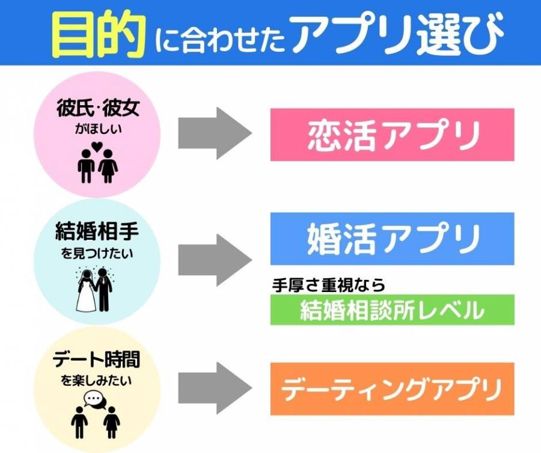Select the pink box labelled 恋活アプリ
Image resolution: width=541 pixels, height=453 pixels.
pos(392,135)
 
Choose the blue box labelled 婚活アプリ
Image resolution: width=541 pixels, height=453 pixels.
pos(392,238)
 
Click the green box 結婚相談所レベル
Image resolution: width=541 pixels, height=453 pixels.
pos(392,309)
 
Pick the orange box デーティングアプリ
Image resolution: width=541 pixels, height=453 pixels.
pos(392,389)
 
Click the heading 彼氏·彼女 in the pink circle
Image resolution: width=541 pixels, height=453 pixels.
pos(98,112)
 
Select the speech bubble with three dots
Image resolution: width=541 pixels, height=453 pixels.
pos(93,398)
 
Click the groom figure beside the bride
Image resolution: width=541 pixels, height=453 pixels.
pos(105,288)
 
